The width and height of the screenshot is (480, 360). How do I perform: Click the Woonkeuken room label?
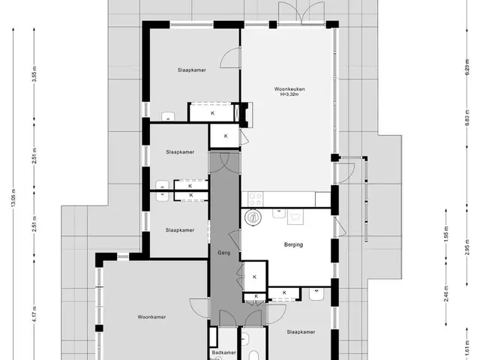tap(289, 89)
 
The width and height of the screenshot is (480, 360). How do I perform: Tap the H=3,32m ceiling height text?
tap(289, 94)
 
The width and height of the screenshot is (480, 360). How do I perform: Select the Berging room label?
tap(293, 244)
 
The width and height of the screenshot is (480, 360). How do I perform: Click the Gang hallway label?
tap(224, 253)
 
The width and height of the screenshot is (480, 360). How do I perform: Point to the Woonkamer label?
tap(151, 317)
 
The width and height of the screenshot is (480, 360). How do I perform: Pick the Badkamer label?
tap(224, 352)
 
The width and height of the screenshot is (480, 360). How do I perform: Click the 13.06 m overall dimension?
tap(13, 198)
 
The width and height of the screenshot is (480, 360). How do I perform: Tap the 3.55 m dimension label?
tap(34, 73)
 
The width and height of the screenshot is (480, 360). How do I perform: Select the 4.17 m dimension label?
tap(34, 314)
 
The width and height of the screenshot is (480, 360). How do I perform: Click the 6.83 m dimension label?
tap(467, 118)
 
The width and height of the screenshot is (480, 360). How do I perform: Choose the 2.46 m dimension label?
tap(446, 293)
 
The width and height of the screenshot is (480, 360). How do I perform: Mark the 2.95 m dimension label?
tap(467, 247)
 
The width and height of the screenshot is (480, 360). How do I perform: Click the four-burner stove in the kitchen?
tap(255, 199)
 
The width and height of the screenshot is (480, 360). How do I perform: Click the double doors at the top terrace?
tap(301, 13)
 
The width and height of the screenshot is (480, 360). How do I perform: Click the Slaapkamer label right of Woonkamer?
tap(301, 332)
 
